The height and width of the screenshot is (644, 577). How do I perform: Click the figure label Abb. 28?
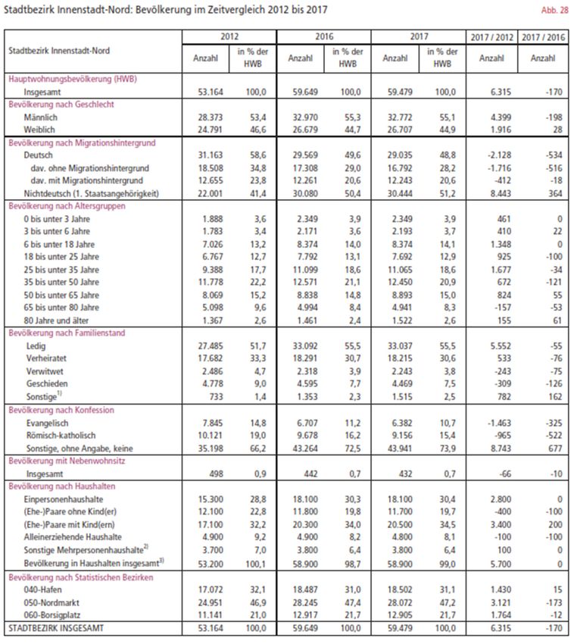tap(556, 10)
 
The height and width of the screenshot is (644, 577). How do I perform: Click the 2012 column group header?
tap(229, 36)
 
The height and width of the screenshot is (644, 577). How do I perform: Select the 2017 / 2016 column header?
tap(543, 36)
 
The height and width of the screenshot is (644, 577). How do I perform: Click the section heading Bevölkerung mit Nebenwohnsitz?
tap(67, 461)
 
